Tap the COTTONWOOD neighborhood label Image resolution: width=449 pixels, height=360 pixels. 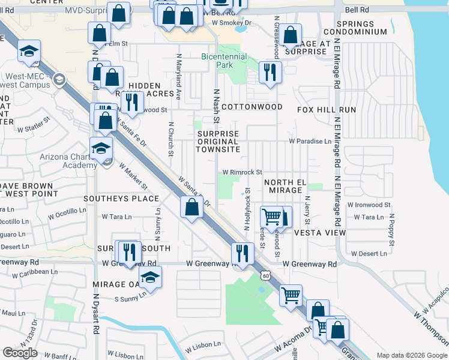[x=252, y=107]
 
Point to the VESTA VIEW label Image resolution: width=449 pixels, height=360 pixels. [x=320, y=232]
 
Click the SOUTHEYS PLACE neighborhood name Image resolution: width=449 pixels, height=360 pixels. [x=121, y=198]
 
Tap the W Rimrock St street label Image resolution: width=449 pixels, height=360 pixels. [x=243, y=172]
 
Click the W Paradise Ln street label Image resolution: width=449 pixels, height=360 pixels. [x=310, y=142]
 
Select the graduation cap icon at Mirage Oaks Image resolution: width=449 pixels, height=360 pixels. [x=149, y=277]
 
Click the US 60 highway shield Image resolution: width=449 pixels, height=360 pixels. [x=265, y=275]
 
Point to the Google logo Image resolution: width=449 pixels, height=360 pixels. [x=20, y=353]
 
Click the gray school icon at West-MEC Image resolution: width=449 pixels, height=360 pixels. [x=59, y=79]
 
